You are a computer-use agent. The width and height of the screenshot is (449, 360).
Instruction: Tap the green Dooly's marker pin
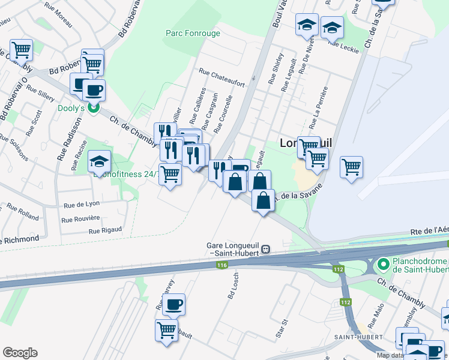[93, 108]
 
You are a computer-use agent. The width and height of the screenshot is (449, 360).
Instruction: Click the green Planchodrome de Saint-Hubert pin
[382, 263]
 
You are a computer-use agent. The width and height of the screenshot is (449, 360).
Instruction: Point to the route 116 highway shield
[223, 265]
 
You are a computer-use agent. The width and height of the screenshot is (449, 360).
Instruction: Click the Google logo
[20, 353]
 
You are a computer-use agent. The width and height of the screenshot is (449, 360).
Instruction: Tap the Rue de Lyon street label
[82, 204]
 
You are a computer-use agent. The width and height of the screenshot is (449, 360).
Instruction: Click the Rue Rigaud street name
[105, 230]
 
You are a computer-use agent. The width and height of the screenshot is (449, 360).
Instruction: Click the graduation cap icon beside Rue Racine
[99, 162]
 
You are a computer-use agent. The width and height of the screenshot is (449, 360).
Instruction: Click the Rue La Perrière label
[318, 108]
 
